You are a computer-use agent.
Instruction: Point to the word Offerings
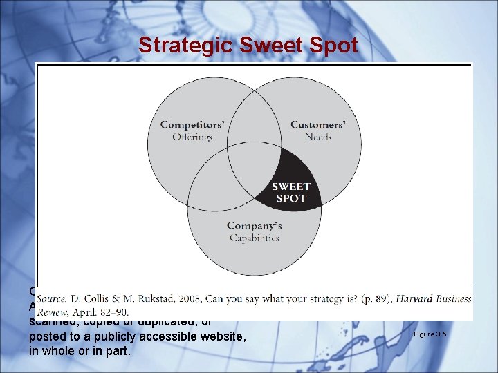192,137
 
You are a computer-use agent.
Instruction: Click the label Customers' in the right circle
317,125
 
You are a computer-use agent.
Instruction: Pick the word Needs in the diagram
318,137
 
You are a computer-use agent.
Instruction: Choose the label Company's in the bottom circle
255,226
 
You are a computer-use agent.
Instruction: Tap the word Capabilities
255,238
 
